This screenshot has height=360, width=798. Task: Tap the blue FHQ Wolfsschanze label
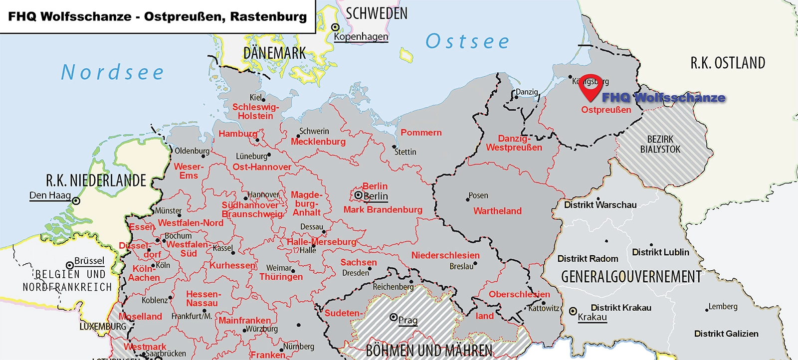point(663,98)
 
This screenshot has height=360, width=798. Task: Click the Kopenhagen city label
point(361,36)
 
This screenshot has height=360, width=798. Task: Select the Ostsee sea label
point(467,41)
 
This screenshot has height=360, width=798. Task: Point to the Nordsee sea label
point(113,73)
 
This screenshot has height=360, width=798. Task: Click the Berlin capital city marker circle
point(358,195)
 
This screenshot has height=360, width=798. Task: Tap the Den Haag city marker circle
point(76,201)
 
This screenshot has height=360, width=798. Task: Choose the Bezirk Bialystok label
point(660,144)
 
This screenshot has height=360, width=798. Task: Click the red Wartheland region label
point(497,211)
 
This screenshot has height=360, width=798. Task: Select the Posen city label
point(478,195)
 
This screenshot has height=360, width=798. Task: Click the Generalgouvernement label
point(631,277)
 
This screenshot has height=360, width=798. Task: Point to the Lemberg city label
point(723,307)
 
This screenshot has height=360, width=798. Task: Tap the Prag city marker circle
point(394,317)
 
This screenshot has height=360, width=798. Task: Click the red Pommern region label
point(421,133)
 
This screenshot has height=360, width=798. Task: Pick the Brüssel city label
point(89,261)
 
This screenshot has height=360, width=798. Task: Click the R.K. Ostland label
point(727,63)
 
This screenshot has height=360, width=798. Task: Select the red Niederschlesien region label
point(445,255)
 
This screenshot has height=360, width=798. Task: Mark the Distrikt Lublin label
point(660,252)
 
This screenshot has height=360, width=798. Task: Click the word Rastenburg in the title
point(268,16)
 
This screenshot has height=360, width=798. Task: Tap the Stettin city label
point(405,152)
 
